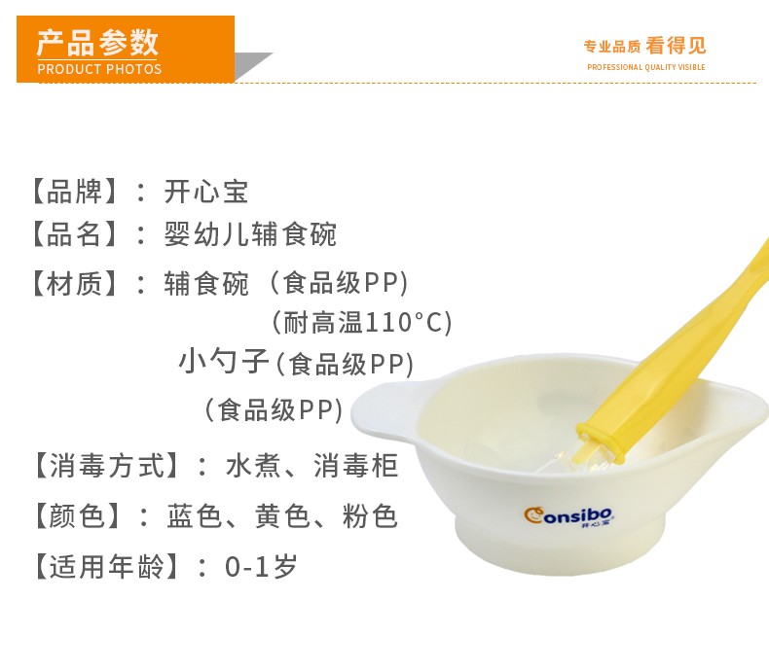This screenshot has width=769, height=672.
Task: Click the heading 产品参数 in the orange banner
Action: [97, 43]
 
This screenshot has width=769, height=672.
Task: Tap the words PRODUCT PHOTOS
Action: [99, 69]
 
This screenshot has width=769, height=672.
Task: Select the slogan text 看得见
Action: [676, 46]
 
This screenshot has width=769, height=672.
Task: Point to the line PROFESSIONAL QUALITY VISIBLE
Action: [646, 67]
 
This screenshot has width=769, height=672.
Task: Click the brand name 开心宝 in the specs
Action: [206, 192]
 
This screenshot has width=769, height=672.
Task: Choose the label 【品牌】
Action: [75, 192]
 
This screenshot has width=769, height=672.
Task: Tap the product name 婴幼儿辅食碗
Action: [250, 234]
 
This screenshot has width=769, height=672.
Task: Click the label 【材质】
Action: [75, 284]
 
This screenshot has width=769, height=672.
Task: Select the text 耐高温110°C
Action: [362, 323]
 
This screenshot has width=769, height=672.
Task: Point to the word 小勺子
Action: [224, 362]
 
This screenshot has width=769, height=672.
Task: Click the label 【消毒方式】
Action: [106, 465]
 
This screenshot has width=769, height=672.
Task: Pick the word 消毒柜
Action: [355, 465]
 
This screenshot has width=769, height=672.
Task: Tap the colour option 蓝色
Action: [195, 516]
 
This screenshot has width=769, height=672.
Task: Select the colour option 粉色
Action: [370, 516]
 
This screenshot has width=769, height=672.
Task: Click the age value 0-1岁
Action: [262, 567]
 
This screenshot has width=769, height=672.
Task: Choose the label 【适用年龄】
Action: [106, 567]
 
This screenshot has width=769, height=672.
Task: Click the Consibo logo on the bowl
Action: [568, 516]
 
